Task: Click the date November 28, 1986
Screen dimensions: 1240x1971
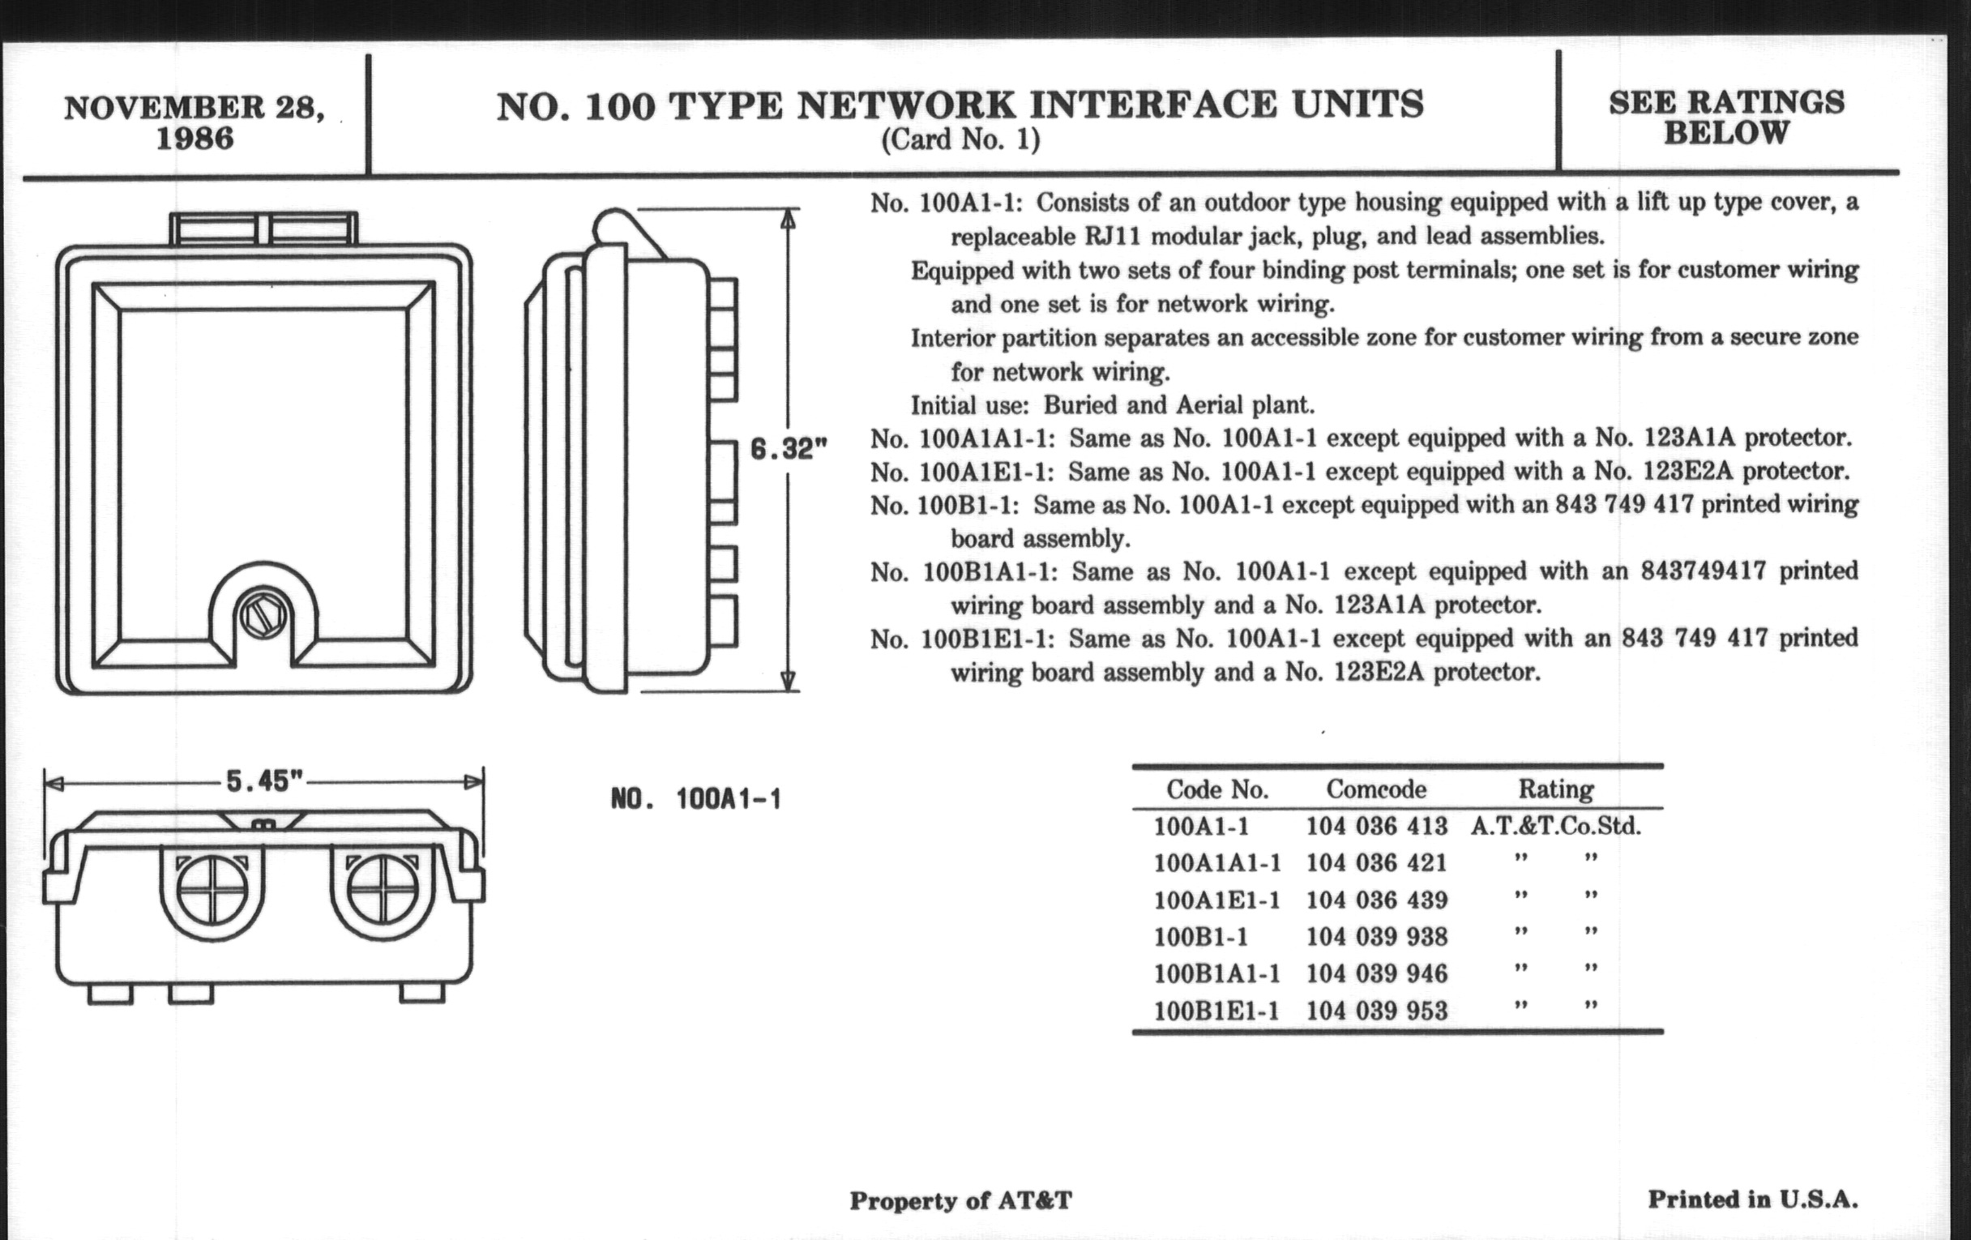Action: (x=194, y=122)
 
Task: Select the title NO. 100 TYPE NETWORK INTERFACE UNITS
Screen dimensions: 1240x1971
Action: (x=960, y=106)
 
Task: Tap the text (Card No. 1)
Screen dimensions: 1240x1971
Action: (x=960, y=140)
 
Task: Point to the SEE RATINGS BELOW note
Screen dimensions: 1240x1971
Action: (x=1726, y=117)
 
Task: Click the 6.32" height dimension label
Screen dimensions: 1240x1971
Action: (x=789, y=448)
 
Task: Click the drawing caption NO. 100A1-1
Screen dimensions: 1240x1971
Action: (x=695, y=799)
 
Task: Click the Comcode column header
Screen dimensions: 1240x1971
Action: (x=1376, y=789)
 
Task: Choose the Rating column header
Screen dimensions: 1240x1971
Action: (x=1556, y=789)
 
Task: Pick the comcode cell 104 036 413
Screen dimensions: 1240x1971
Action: (x=1377, y=826)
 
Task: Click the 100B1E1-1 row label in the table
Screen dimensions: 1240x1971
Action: (x=1216, y=1011)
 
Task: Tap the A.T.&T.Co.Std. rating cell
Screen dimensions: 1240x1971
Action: (x=1556, y=826)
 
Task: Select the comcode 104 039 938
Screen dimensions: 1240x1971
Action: (x=1377, y=936)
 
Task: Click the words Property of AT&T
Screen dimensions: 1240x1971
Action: (x=960, y=1201)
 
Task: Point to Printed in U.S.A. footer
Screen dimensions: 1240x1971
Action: (x=1752, y=1200)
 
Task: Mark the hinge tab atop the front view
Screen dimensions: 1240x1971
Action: (x=263, y=229)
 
